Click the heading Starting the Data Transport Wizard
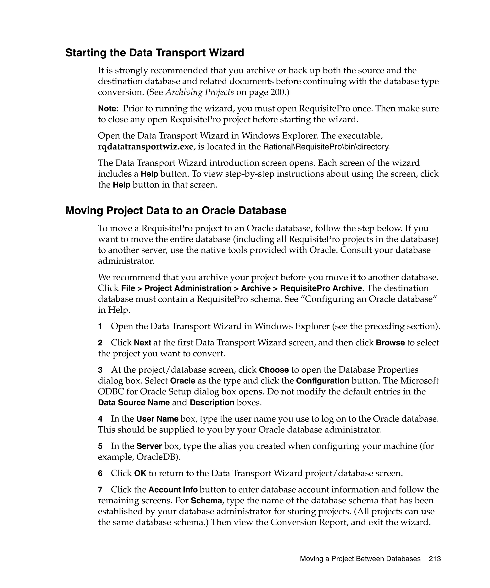pyautogui.click(x=155, y=53)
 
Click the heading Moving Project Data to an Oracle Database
pyautogui.click(x=176, y=211)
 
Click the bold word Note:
pyautogui.click(x=108, y=109)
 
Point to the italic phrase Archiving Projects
pyautogui.click(x=200, y=92)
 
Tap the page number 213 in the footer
pyautogui.click(x=434, y=559)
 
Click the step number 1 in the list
pyautogui.click(x=100, y=327)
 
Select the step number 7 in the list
pyautogui.click(x=100, y=490)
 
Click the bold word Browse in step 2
pyautogui.click(x=390, y=343)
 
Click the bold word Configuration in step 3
pyautogui.click(x=323, y=381)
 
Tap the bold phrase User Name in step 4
pyautogui.click(x=157, y=419)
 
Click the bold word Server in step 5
pyautogui.click(x=149, y=446)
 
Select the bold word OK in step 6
pyautogui.click(x=140, y=473)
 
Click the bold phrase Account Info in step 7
pyautogui.click(x=173, y=490)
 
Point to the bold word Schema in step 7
pyautogui.click(x=206, y=501)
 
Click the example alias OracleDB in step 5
pyautogui.click(x=157, y=457)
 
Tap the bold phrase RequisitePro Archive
pyautogui.click(x=321, y=288)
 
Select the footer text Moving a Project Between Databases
pyautogui.click(x=360, y=559)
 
